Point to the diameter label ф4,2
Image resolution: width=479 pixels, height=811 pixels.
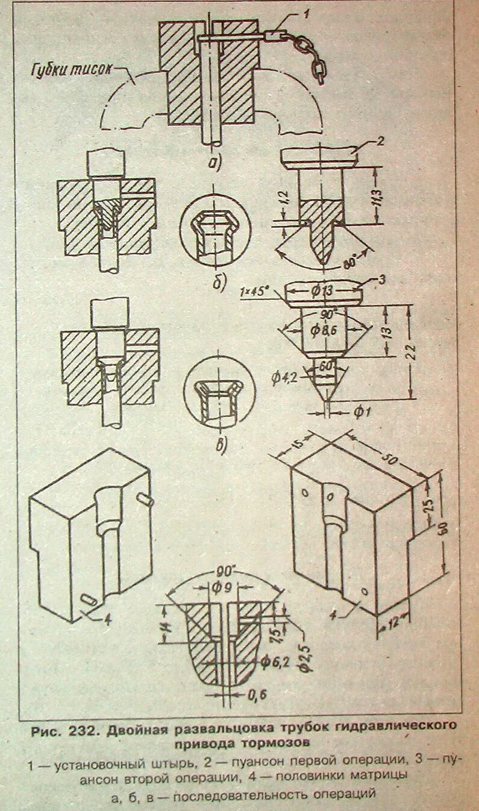pos(282,378)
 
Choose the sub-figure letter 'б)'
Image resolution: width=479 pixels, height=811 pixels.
pos(219,282)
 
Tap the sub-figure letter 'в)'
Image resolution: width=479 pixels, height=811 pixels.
pos(222,446)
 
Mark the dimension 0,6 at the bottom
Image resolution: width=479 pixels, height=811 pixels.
pos(257,695)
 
